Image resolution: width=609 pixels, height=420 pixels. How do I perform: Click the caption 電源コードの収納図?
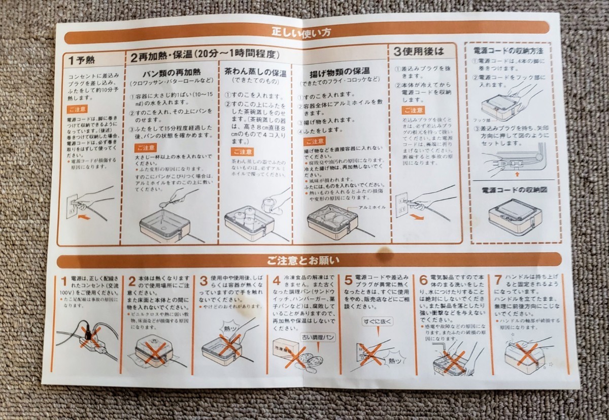pos(514,190)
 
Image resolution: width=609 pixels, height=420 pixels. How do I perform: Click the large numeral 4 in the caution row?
pos(276,280)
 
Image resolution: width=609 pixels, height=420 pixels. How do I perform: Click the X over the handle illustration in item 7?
pos(526,354)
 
